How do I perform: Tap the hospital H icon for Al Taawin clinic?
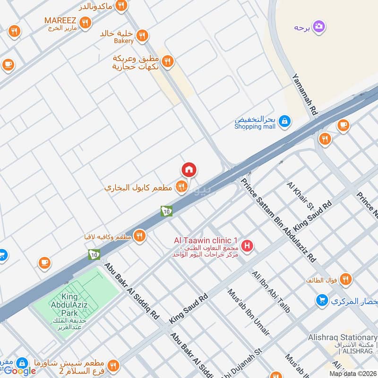tap(247, 246)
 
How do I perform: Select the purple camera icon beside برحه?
tap(319, 26)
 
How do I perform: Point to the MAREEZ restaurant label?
tap(60, 20)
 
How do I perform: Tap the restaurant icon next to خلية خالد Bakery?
tap(142, 35)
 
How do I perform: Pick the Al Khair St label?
tap(300, 195)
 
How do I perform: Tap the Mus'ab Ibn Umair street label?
tap(249, 312)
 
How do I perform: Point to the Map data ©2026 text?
tap(352, 373)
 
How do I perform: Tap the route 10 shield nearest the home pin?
tap(166, 211)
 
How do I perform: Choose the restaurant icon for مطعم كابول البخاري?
tap(181, 187)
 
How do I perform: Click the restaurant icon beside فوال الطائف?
tap(346, 280)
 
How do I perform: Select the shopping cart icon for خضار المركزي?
tap(322, 300)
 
